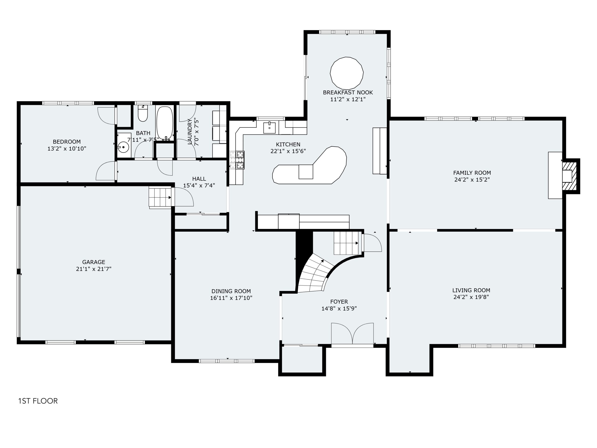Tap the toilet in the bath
point(143,113)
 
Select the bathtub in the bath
point(165,123)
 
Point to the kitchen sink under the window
point(270,128)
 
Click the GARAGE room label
point(94,262)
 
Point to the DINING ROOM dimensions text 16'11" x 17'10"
point(231,298)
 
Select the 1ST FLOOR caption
point(38,401)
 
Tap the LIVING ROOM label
point(471,290)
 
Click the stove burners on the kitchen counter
point(240,160)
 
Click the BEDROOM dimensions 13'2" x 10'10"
point(67,149)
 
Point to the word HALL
point(199,179)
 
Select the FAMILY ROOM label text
point(472,173)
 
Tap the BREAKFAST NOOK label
point(348,92)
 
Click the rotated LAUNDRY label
point(190,132)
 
